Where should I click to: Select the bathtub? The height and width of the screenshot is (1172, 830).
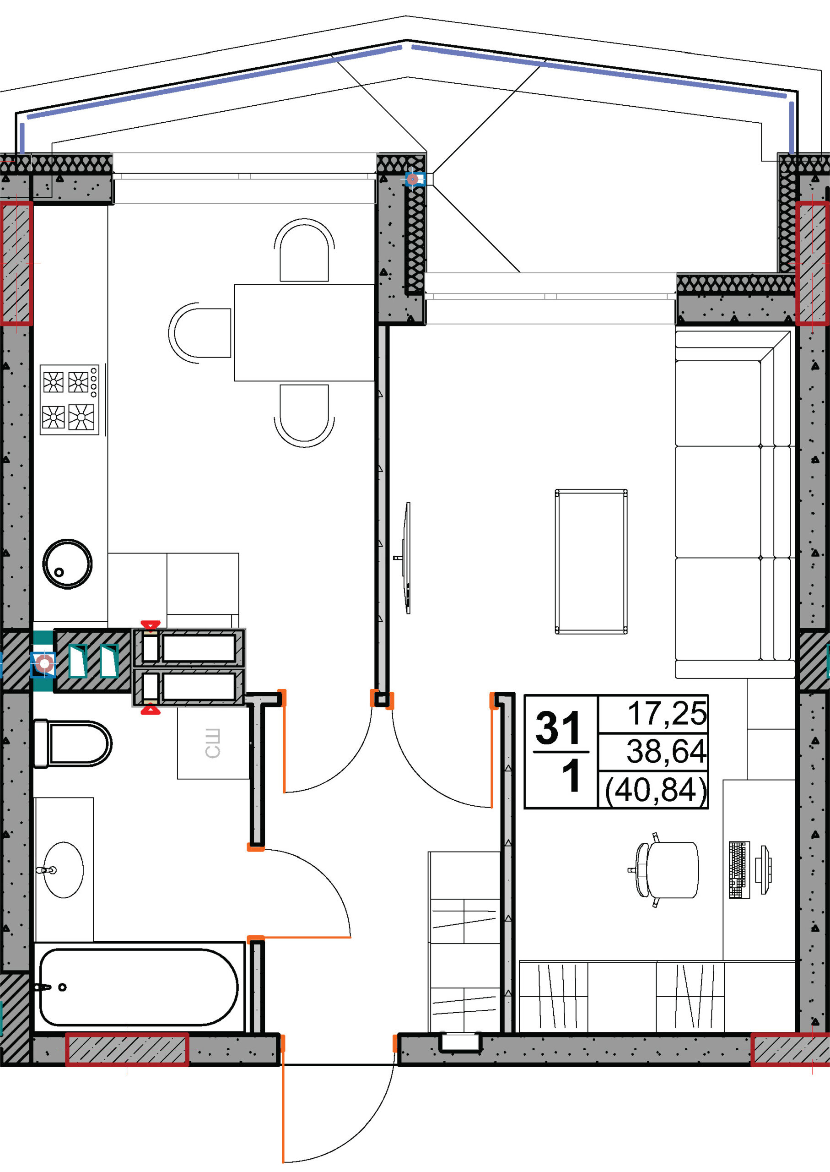(139, 988)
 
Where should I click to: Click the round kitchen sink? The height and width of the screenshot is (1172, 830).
(67, 564)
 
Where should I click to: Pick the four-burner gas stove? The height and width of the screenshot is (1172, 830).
(70, 399)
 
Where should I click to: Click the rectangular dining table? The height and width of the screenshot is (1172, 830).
(305, 332)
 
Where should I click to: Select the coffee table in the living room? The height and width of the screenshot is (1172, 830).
(591, 561)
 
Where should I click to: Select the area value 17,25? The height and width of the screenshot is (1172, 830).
(667, 713)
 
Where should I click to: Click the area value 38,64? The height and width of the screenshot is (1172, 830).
(667, 751)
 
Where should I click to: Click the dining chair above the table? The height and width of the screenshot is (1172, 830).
(304, 250)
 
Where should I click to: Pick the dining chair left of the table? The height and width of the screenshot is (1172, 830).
(200, 333)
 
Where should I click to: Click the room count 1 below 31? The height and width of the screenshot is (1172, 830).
(571, 776)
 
